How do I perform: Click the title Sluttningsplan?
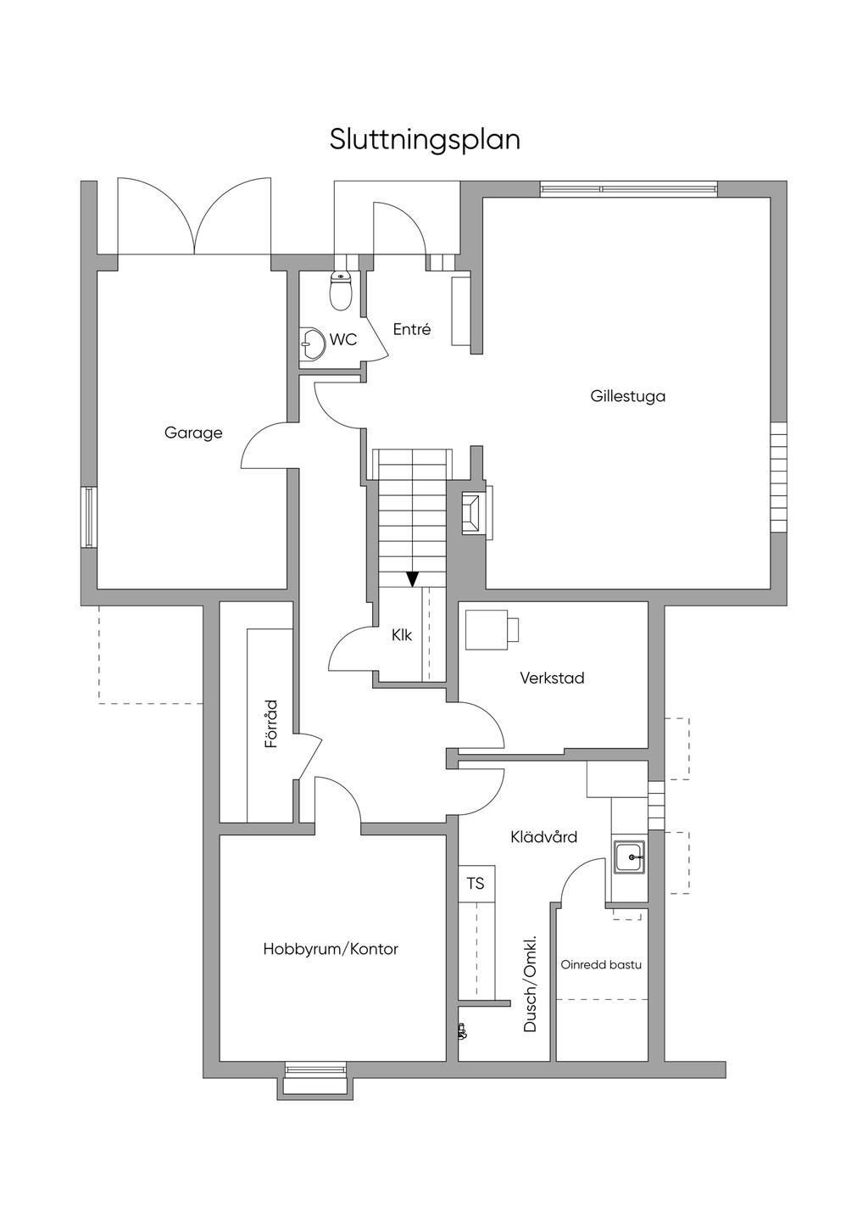pos(425,141)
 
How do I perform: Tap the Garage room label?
pos(193,433)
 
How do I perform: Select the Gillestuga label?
pos(628,396)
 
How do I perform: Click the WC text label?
pos(343,340)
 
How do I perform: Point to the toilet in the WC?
pos(341,291)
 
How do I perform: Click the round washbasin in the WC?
pos(310,343)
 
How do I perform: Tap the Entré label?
pos(412,330)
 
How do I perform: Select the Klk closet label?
pos(402,635)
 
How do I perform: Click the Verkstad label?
pos(553,678)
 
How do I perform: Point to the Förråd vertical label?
pos(271,724)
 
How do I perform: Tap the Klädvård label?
pos(544,837)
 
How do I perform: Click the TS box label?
pos(476,883)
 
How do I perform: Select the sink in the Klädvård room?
pos(630,857)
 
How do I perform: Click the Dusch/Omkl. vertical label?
pos(530,984)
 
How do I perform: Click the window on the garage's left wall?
pos(89,516)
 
